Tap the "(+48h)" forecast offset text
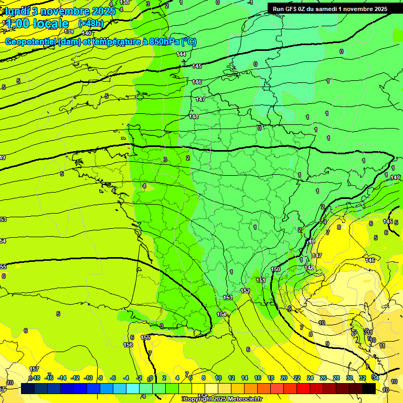tap(91, 23)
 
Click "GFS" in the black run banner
tap(292, 8)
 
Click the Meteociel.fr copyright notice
tap(222, 399)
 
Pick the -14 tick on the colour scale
tap(62, 378)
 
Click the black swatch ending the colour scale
tap(369, 388)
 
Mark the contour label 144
tap(182, 55)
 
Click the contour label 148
tap(194, 116)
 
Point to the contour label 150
tap(275, 269)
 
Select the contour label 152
tap(245, 290)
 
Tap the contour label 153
tap(228, 298)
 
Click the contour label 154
tap(222, 314)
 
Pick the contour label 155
tap(145, 337)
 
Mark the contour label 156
tap(128, 345)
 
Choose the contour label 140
tap(87, 33)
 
